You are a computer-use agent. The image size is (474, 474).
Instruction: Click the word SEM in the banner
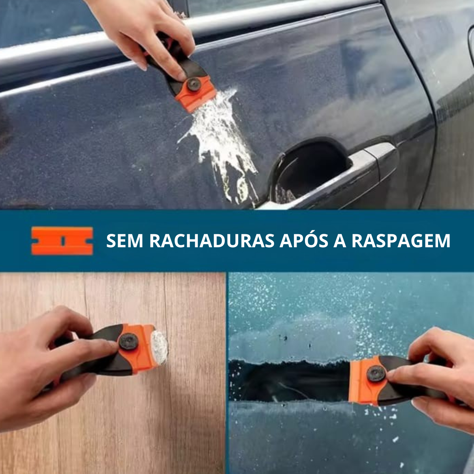coord(124,241)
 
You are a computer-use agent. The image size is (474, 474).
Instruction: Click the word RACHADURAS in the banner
coord(212,241)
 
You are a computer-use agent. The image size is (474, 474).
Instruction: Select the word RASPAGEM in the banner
coord(401,241)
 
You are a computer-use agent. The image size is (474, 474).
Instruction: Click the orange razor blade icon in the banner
coord(62,241)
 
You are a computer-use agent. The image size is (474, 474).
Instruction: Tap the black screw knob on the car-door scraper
coord(194,84)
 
